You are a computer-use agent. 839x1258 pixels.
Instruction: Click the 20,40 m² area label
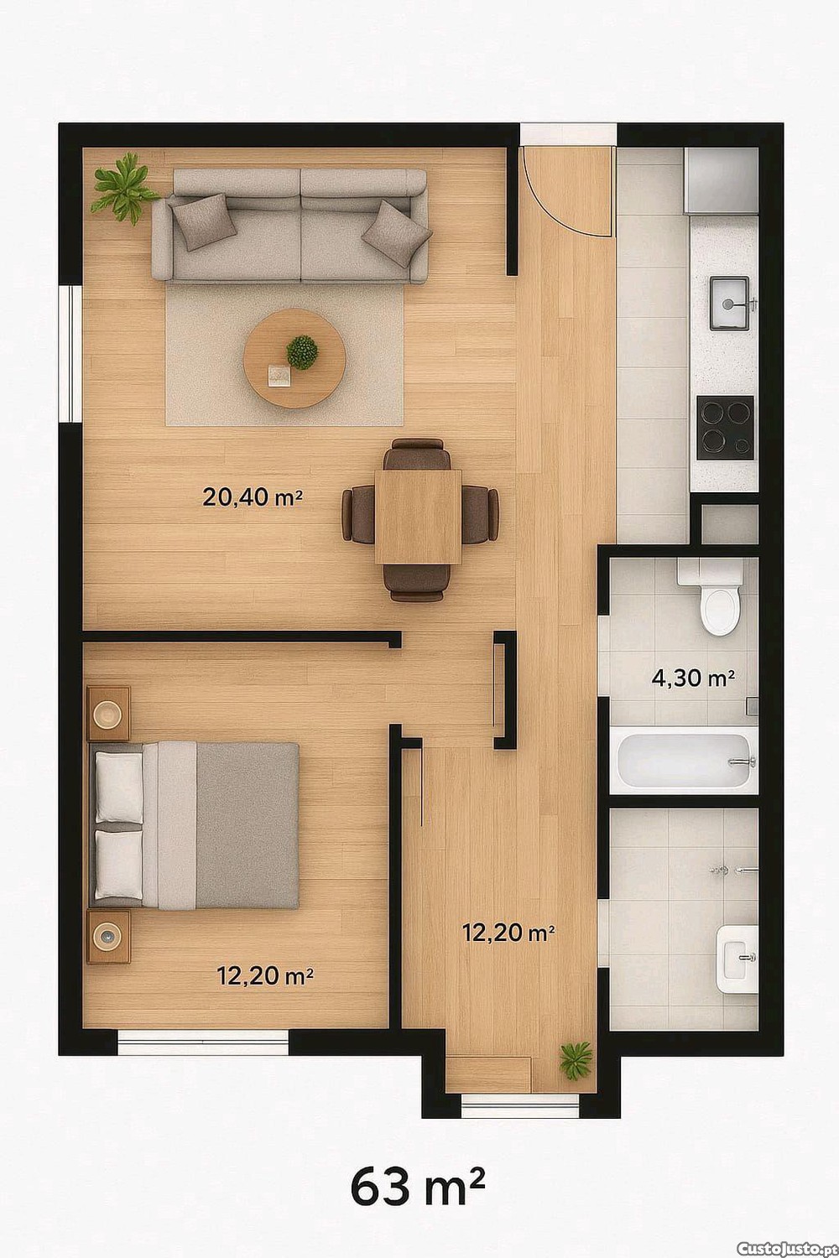[253, 497]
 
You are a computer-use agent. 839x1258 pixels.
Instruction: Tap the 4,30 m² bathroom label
[693, 678]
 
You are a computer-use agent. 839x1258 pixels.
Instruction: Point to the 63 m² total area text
[417, 1187]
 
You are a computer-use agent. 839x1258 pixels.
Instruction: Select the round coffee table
[294, 358]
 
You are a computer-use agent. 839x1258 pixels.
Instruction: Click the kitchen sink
[729, 304]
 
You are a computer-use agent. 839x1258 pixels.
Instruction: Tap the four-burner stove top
[725, 428]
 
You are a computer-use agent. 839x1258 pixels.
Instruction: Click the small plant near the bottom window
[576, 1059]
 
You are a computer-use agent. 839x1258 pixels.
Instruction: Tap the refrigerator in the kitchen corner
[721, 180]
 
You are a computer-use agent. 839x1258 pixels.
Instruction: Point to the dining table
[418, 517]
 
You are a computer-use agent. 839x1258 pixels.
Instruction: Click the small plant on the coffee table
[302, 352]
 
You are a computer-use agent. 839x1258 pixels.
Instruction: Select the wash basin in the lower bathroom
[737, 959]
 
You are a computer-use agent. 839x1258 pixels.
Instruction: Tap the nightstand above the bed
[108, 713]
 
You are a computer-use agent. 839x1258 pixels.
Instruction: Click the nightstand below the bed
[108, 938]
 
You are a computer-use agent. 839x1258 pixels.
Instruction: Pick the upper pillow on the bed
[118, 788]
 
